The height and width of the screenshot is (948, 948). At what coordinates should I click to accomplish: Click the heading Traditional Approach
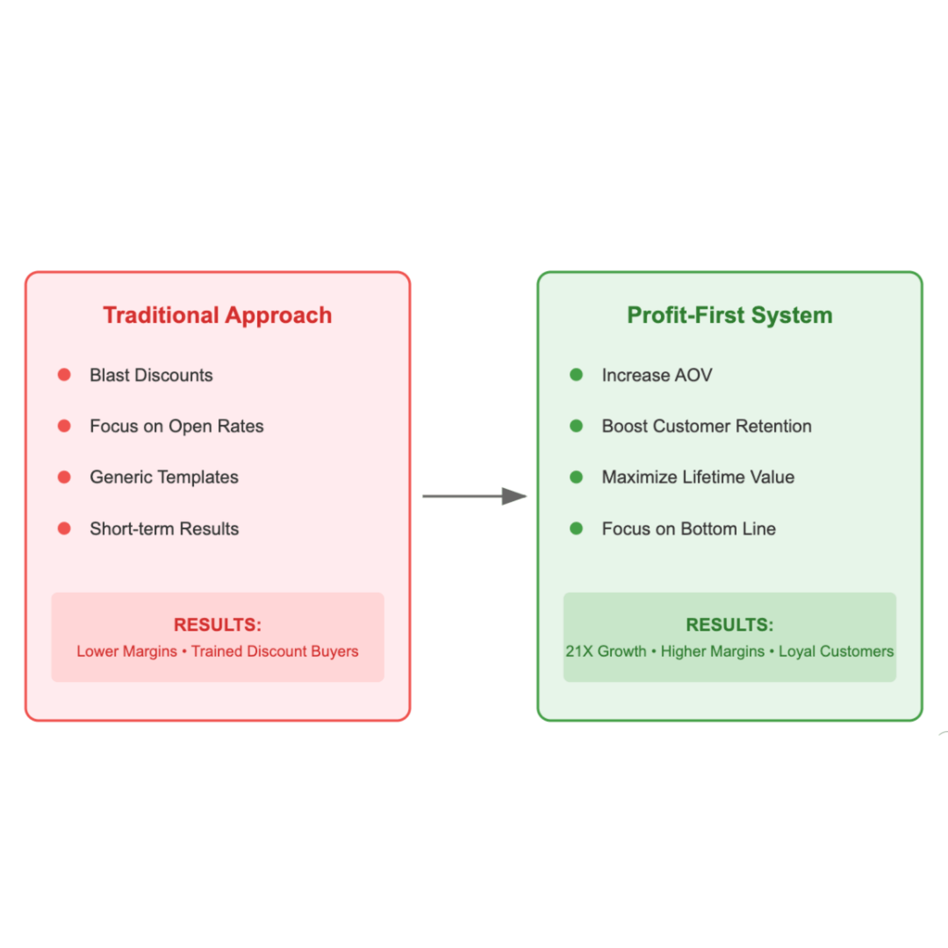click(x=217, y=315)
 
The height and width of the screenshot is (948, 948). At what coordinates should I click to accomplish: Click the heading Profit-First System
click(x=729, y=315)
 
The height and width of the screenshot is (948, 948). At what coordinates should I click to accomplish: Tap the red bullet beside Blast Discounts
click(x=64, y=375)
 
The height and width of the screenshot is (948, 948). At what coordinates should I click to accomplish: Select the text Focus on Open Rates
click(x=176, y=426)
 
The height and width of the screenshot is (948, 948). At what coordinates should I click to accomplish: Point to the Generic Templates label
click(x=164, y=477)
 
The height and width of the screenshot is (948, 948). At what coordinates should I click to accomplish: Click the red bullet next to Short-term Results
click(x=64, y=528)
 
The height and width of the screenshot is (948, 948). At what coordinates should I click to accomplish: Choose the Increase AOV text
click(x=657, y=375)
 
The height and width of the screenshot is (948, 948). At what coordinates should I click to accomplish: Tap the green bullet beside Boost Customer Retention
click(x=576, y=426)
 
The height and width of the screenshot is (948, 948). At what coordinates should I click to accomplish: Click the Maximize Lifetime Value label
click(x=698, y=477)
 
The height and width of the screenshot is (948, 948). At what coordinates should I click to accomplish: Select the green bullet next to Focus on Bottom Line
click(x=576, y=528)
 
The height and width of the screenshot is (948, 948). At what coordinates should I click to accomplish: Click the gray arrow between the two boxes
click(x=474, y=496)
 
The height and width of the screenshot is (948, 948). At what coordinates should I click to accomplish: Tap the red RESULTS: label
click(x=217, y=624)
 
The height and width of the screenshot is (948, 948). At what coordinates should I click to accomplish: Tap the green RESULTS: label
click(x=729, y=624)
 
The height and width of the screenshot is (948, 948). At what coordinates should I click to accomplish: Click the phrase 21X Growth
click(x=605, y=651)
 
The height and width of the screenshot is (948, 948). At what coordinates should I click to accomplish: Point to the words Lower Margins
click(x=126, y=651)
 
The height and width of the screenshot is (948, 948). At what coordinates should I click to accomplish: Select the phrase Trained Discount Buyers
click(x=274, y=651)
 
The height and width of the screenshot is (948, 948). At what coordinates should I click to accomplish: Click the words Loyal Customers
click(x=836, y=651)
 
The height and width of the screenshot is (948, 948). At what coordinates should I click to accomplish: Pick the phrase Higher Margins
click(x=712, y=651)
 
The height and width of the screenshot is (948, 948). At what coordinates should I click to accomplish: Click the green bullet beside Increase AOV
click(x=576, y=375)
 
